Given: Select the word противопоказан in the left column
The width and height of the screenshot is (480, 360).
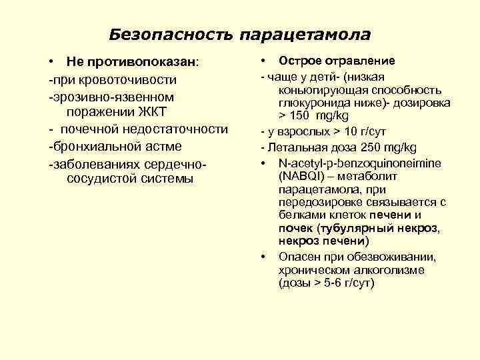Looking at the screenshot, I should click(144, 62).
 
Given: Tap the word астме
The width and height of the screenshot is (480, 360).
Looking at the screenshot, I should click(162, 145).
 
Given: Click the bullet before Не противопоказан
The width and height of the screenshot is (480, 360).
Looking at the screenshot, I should click(51, 62).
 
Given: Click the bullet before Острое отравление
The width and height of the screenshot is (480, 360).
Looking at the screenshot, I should click(264, 61).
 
